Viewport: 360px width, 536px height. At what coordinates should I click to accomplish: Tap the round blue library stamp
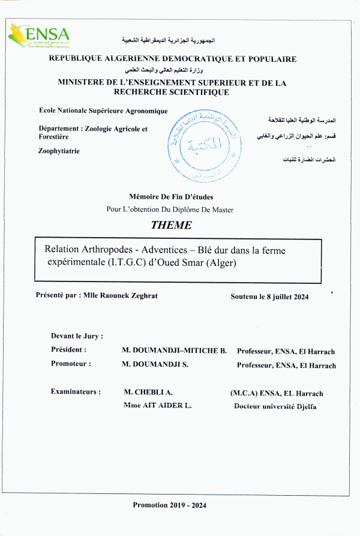click(204, 145)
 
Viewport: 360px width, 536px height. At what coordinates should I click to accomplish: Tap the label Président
click(68, 350)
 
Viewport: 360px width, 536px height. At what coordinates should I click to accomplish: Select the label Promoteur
click(71, 364)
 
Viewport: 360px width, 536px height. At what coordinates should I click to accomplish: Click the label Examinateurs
click(76, 392)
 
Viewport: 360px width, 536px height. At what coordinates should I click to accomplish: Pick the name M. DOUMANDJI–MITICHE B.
click(174, 351)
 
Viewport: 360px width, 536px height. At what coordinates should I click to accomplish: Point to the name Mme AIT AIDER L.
click(157, 406)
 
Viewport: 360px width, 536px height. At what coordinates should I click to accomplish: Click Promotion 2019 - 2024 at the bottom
click(170, 505)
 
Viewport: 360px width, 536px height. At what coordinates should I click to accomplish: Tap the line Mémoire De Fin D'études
click(171, 196)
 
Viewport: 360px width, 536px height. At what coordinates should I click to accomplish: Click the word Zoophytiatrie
click(59, 151)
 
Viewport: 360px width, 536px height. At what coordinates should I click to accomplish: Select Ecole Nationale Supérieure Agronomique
click(103, 111)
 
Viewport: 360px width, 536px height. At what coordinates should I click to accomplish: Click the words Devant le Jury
click(77, 336)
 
